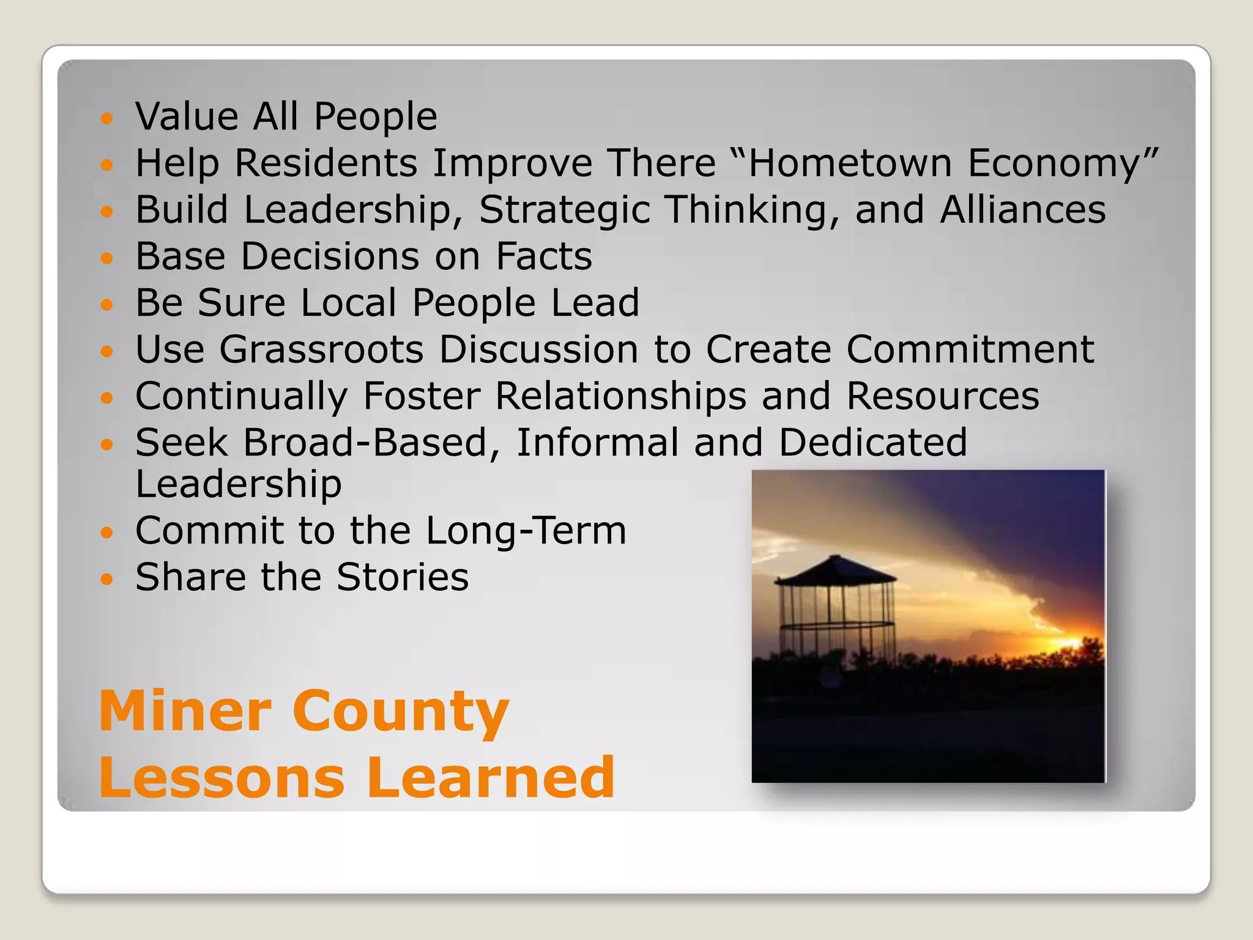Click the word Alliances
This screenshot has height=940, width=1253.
click(1023, 209)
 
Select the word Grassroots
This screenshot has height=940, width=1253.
click(322, 349)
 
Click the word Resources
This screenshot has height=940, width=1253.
click(943, 396)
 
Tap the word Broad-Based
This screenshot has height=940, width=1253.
click(373, 442)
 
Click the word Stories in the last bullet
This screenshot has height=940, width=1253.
click(403, 577)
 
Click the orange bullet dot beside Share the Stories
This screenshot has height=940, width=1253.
click(107, 578)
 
